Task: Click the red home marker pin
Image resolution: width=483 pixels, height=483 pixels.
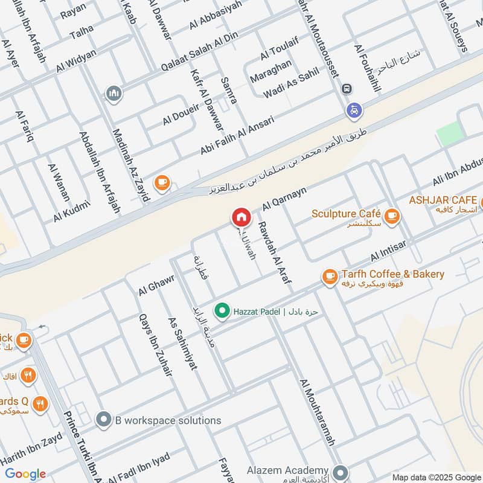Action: tap(240, 217)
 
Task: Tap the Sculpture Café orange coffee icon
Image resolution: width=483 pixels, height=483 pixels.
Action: tap(392, 215)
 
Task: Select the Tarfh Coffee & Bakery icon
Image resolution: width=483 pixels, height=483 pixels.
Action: tap(330, 277)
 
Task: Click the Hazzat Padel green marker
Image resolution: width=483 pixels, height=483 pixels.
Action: tap(222, 311)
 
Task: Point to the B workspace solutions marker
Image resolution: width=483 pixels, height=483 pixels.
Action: tap(104, 419)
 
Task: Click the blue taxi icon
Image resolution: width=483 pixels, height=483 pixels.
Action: tap(353, 110)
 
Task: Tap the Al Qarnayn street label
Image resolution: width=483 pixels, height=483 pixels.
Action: tap(284, 198)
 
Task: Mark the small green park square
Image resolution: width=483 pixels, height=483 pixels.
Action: tap(449, 133)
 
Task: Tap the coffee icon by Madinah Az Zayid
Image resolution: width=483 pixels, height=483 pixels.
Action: tap(161, 182)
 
